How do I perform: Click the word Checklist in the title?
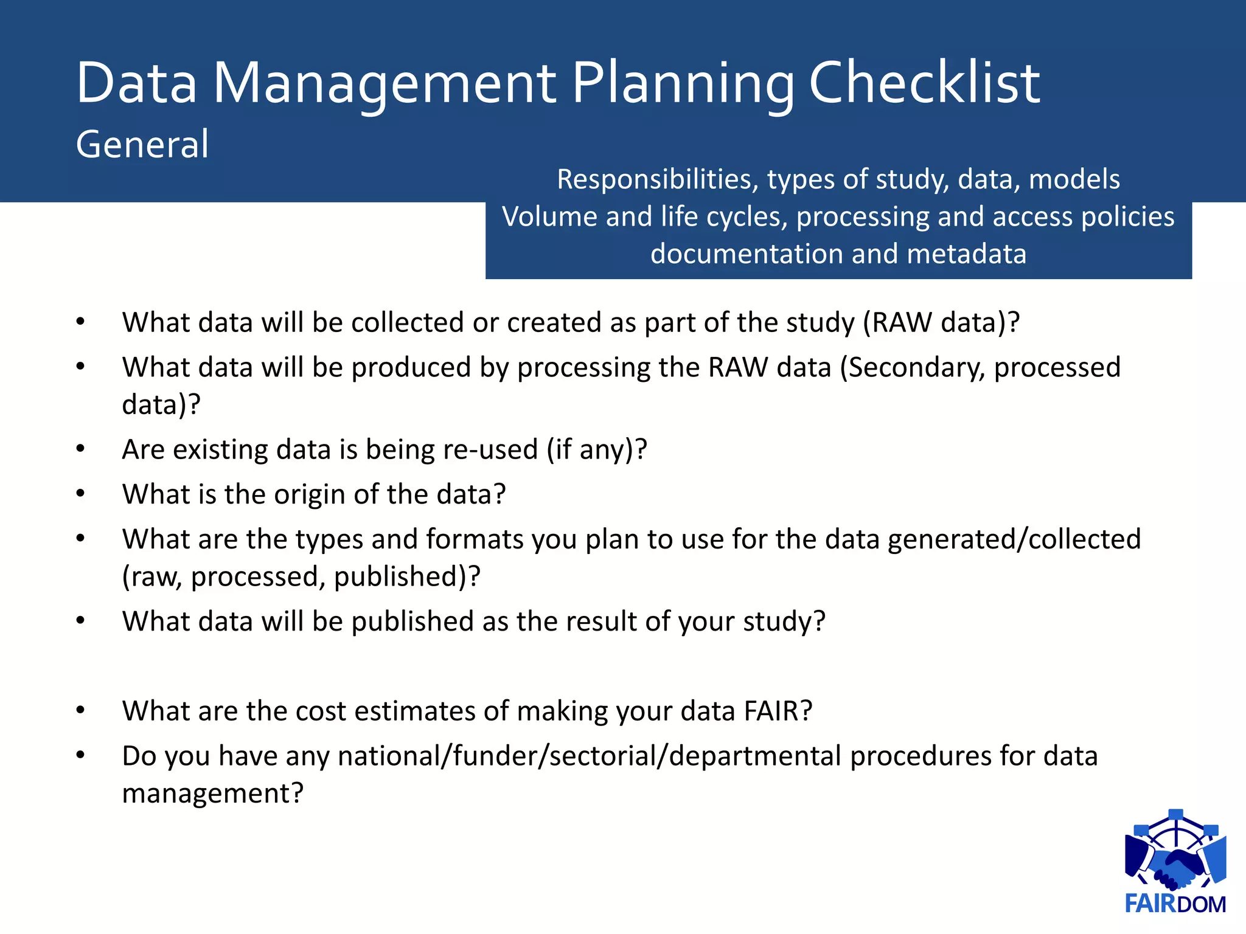(x=924, y=83)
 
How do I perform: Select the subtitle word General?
(x=142, y=145)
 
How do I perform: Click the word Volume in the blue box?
(x=549, y=217)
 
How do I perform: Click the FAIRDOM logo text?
(x=1175, y=904)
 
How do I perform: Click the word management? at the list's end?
(x=212, y=794)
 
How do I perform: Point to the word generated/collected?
(x=1014, y=539)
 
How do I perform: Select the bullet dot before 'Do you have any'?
(x=80, y=755)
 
